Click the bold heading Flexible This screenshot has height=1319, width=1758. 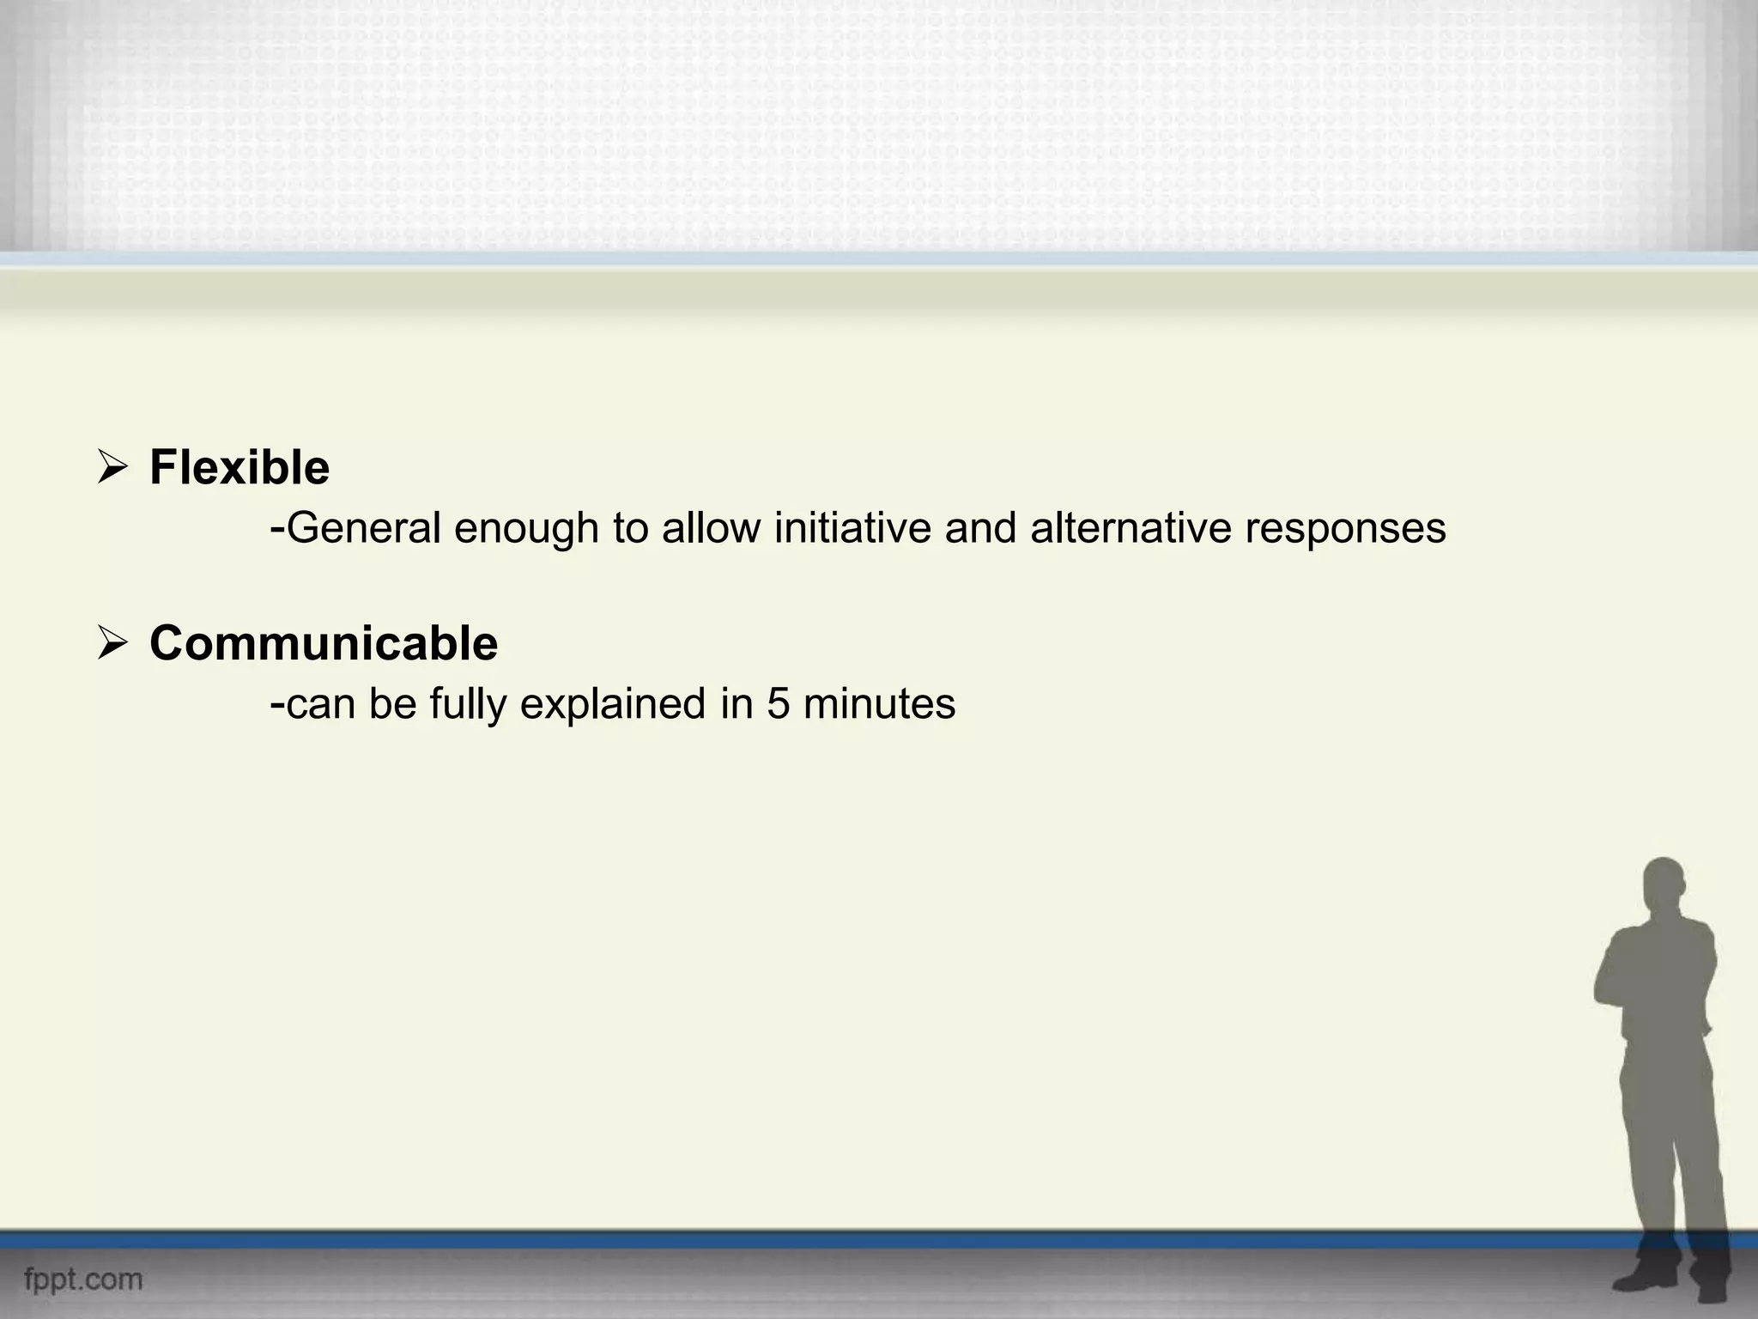(239, 468)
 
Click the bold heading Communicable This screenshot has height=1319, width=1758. (324, 643)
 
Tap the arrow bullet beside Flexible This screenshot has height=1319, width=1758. (112, 469)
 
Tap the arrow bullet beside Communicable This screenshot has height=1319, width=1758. (112, 644)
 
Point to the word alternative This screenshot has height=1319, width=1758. (1131, 528)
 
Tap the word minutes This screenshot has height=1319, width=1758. (880, 704)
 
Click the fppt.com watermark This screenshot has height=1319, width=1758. (83, 1279)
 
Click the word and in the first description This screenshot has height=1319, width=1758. (980, 528)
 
